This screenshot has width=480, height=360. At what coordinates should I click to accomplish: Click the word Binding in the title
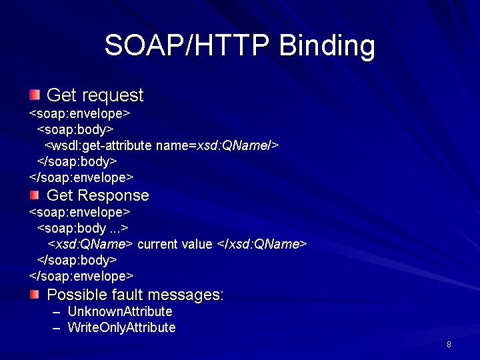pos(327,46)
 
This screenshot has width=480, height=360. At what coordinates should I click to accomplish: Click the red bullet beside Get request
pos(35,95)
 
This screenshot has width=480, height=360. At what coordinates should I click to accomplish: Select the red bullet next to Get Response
pos(34,195)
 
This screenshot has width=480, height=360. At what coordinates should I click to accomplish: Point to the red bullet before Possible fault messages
pos(34,295)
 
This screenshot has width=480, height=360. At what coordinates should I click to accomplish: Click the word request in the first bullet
pos(113,95)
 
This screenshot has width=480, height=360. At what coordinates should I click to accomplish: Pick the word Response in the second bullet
pos(113,196)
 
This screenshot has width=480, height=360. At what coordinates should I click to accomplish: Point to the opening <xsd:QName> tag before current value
pos(90,244)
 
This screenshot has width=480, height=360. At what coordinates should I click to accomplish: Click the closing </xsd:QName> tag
pos(262,244)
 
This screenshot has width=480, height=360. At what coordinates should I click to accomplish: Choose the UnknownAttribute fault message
pos(120,311)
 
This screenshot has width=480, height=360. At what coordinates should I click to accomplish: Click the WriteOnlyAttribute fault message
pos(121,327)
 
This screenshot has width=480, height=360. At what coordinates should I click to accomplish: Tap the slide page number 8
pos(449,345)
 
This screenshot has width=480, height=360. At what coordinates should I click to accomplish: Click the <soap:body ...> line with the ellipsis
pos(83,229)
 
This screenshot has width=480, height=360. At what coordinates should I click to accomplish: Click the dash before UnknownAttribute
pos(56,313)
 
